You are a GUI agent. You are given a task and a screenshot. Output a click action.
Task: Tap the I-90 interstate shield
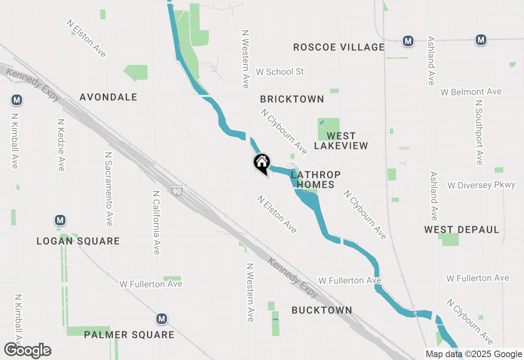(177, 191)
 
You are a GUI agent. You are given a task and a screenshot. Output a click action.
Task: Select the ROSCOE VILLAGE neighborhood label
(339, 47)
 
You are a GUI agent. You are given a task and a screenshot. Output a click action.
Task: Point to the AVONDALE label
(108, 97)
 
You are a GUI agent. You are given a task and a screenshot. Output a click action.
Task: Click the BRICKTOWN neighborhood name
(292, 99)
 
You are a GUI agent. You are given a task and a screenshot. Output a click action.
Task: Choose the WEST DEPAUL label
(461, 229)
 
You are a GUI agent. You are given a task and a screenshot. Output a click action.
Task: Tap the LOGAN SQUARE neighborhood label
(78, 241)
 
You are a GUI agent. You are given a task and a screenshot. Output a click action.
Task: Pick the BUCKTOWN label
(322, 310)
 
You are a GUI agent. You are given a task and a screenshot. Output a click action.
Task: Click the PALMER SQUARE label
(129, 335)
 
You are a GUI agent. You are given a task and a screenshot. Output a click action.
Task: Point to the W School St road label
(280, 72)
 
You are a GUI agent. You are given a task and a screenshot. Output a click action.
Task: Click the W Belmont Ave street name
(471, 92)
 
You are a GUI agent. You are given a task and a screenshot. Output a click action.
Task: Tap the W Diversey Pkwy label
(481, 185)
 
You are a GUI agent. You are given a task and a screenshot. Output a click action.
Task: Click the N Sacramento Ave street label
(108, 189)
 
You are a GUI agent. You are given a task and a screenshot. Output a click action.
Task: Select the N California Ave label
(156, 222)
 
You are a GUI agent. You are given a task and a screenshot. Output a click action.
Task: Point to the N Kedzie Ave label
(61, 145)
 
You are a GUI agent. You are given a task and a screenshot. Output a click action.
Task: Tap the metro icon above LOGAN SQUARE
(60, 220)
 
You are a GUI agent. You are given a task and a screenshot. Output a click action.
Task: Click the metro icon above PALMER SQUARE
(162, 318)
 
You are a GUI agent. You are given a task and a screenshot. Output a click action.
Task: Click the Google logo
(28, 351)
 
